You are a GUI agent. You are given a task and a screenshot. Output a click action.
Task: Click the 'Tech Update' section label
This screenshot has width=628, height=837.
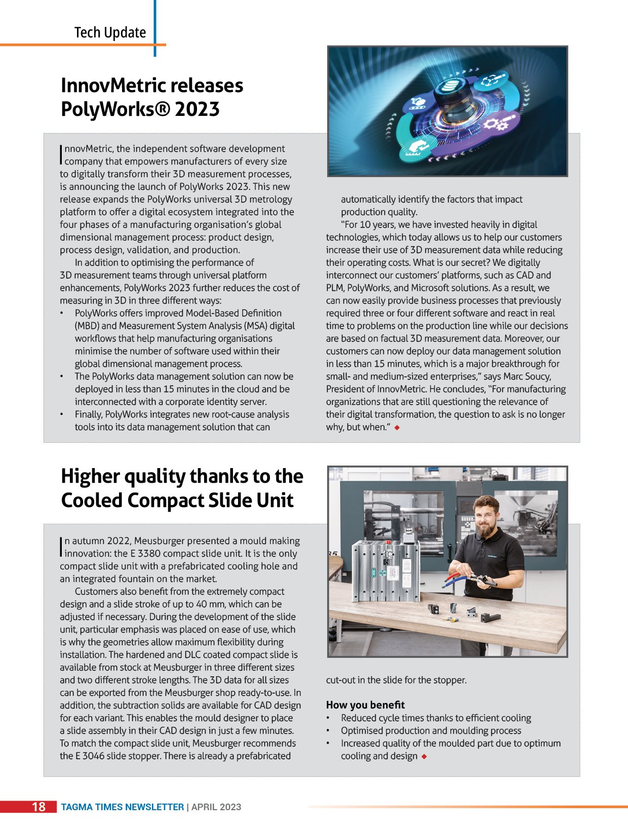point(110,32)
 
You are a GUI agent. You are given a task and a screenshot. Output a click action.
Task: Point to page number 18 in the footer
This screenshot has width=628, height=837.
point(38,807)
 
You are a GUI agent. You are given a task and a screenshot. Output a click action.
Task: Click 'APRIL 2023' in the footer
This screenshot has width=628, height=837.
point(216,807)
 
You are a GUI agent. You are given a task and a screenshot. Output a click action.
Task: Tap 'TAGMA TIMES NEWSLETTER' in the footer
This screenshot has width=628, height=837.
point(123,807)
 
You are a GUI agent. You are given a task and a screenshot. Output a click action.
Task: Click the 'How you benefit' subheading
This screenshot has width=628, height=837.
point(365,705)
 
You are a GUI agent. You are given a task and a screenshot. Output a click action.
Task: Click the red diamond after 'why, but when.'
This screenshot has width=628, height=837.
point(397,428)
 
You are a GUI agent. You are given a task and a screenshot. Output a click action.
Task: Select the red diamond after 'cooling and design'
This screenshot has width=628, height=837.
point(424,757)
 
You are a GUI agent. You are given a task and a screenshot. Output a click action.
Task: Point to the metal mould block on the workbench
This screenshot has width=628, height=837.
point(385,572)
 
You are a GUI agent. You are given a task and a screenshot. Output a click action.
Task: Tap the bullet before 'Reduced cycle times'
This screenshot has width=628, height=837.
point(328,718)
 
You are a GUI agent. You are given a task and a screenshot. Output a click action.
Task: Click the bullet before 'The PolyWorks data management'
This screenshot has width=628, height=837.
point(62,376)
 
